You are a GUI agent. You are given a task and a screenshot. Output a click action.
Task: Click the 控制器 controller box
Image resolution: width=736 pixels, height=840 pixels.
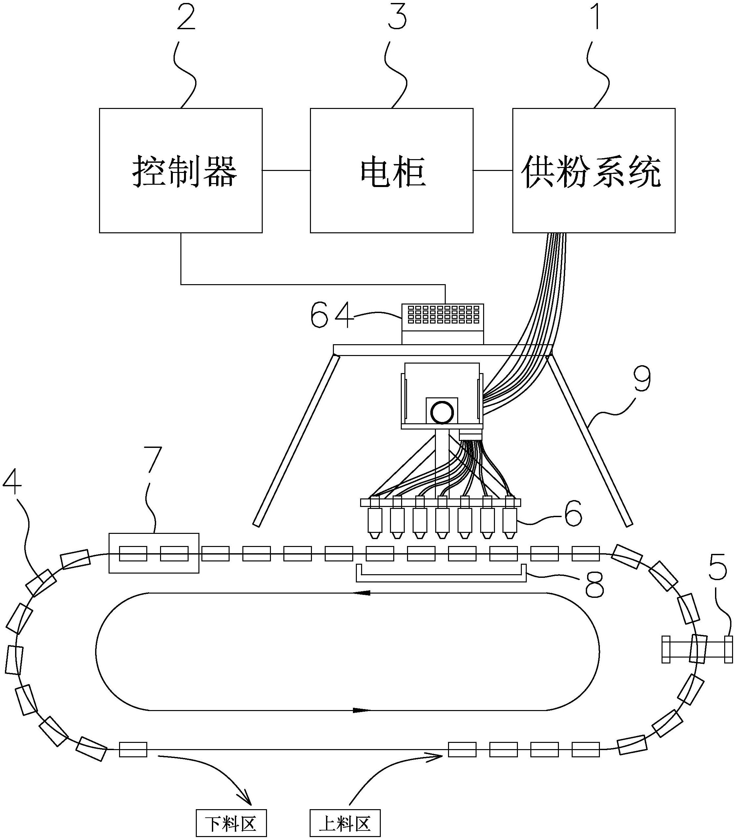tap(181, 171)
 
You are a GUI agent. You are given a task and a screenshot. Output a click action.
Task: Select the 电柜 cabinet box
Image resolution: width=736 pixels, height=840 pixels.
tap(391, 171)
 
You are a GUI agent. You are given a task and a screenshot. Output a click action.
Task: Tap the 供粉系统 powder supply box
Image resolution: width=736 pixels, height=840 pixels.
tap(593, 171)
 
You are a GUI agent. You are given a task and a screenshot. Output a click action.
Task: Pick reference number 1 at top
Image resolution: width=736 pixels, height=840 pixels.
tap(596, 16)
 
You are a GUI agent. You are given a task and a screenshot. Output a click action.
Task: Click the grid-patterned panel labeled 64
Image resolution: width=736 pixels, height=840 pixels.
tap(442, 314)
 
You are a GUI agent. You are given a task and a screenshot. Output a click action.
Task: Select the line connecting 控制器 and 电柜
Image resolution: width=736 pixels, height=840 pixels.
tap(286, 170)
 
